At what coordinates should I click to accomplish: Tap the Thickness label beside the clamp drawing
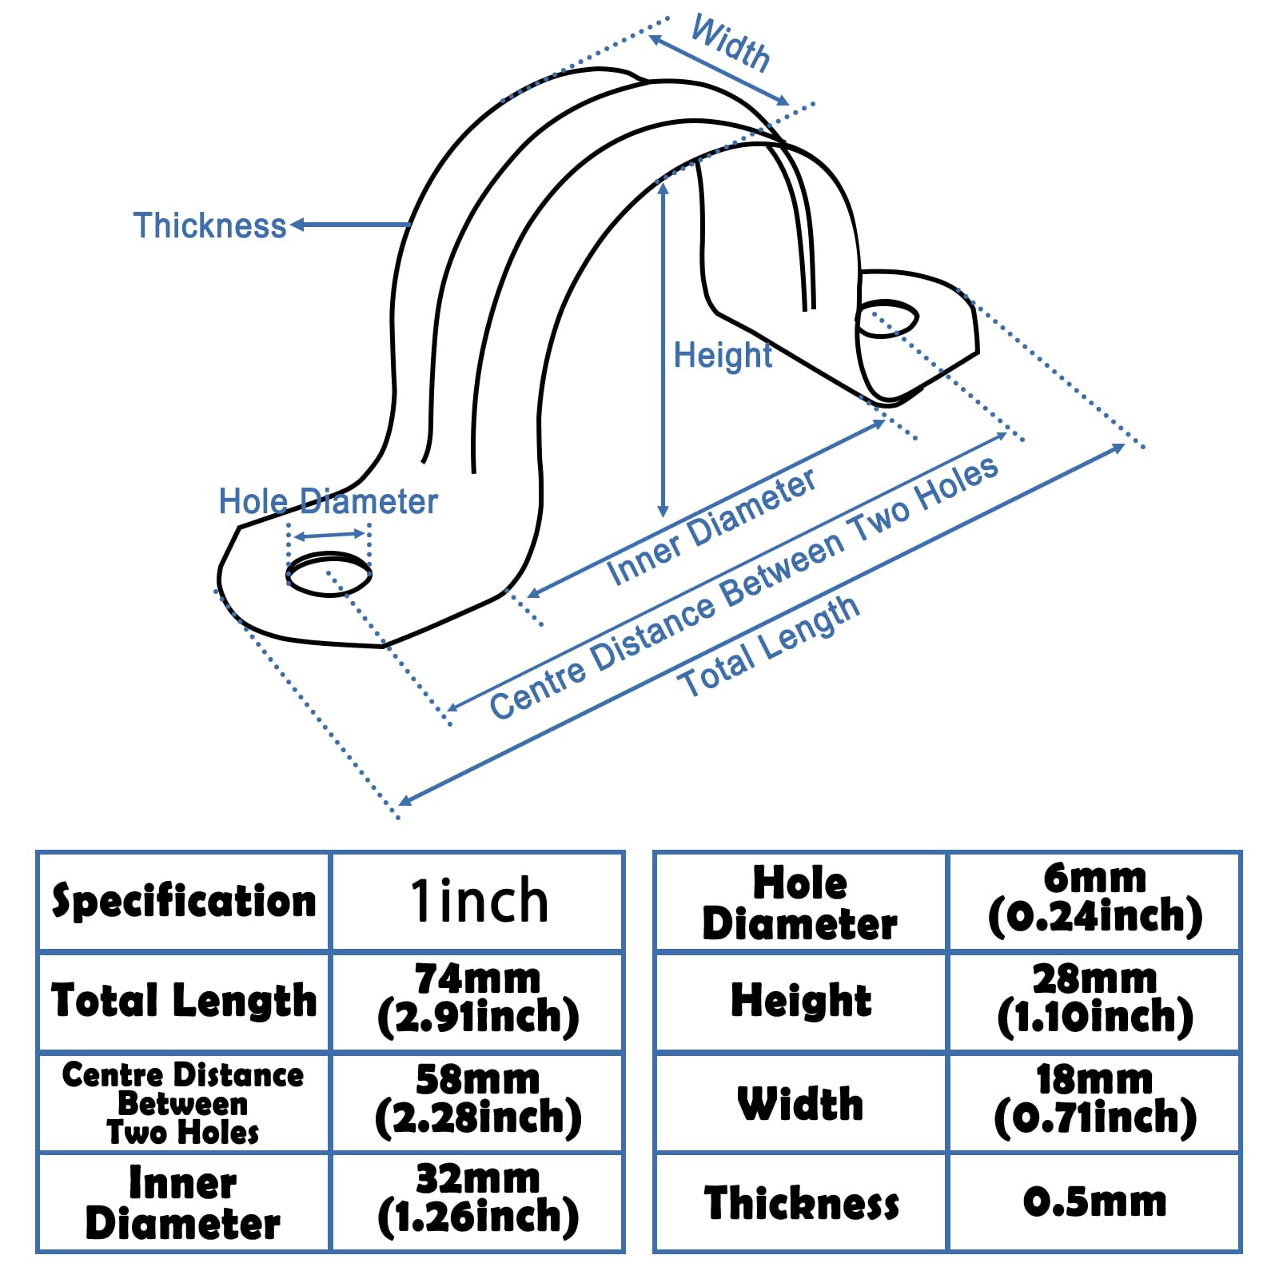[209, 225]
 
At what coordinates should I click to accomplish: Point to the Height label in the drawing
[723, 355]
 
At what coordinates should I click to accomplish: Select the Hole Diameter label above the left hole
[328, 502]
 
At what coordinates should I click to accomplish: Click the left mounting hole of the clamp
[329, 574]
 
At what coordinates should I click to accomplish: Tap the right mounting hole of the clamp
[887, 318]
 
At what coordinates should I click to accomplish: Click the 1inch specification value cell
[478, 901]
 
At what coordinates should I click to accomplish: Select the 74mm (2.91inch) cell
[478, 999]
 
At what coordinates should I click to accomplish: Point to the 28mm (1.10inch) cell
[1094, 999]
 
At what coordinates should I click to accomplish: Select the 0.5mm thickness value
[1094, 1201]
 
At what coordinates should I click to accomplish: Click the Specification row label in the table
[184, 901]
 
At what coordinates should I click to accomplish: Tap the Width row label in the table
[800, 1104]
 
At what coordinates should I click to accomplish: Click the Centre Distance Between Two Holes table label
[183, 1103]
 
